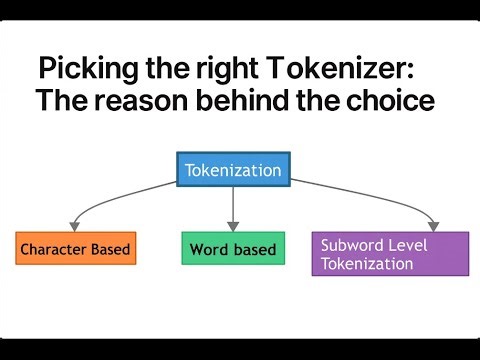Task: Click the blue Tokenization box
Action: pyautogui.click(x=232, y=170)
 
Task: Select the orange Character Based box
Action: pyautogui.click(x=75, y=248)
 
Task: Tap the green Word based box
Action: pyautogui.click(x=233, y=249)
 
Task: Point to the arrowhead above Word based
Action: pyautogui.click(x=233, y=226)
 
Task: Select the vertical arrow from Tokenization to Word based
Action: pyautogui.click(x=233, y=206)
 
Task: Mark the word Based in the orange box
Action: pyautogui.click(x=112, y=248)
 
